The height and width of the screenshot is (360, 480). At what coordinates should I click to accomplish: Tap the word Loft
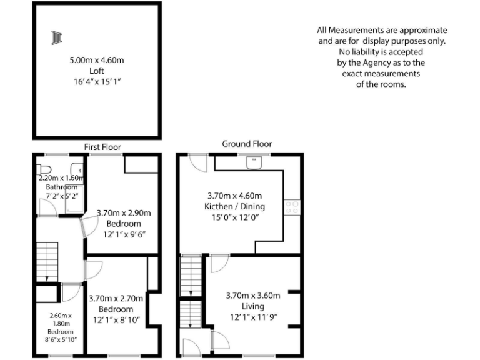click(x=96, y=71)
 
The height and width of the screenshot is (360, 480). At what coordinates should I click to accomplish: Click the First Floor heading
click(x=102, y=147)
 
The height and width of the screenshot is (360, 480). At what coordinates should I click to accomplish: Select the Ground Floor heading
click(x=247, y=144)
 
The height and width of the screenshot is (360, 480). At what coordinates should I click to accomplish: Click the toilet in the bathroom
click(x=44, y=169)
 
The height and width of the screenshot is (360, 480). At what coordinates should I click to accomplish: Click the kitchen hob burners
click(x=292, y=207)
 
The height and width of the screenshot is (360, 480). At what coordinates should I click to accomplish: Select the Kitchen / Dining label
click(x=235, y=206)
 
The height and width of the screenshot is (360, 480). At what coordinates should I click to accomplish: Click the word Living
click(x=253, y=306)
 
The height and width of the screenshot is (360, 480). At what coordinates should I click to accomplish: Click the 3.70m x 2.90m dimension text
click(x=124, y=213)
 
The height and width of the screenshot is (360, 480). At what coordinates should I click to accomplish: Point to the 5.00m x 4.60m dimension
click(x=97, y=61)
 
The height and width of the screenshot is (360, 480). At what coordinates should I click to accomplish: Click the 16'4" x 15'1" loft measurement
click(x=96, y=82)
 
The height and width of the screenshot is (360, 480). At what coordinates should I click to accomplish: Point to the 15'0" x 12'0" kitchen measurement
click(x=235, y=217)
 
